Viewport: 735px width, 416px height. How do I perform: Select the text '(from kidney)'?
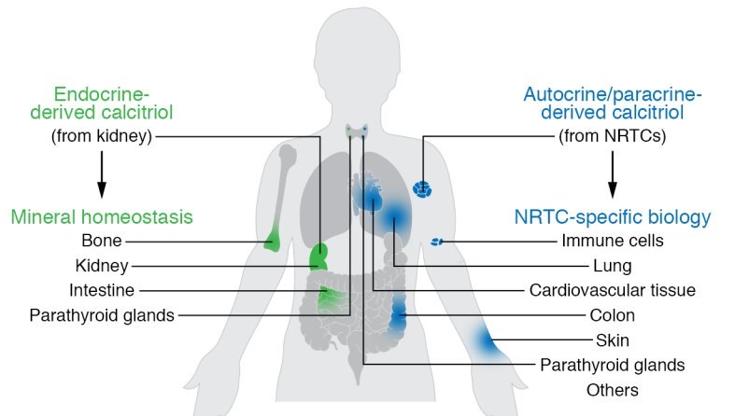click(102, 136)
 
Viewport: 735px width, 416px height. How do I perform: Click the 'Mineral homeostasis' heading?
click(102, 217)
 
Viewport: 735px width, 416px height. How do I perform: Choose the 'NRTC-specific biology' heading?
click(612, 217)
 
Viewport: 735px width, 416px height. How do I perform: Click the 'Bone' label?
click(101, 242)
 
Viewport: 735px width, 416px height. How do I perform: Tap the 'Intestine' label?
click(101, 290)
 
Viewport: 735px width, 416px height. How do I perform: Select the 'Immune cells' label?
click(613, 241)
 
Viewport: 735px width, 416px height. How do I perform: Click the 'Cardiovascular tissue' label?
click(613, 290)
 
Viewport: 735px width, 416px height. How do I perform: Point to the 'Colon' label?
click(613, 315)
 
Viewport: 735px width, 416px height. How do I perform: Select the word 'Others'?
click(613, 389)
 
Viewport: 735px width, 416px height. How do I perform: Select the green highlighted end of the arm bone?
click(273, 241)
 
